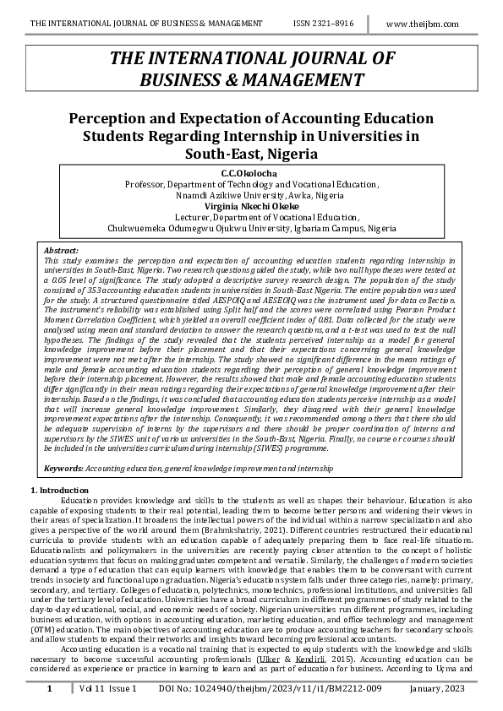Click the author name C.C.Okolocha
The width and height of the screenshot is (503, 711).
click(252, 174)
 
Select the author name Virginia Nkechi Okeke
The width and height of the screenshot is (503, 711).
click(251, 206)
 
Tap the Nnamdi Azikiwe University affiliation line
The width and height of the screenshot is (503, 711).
click(251, 195)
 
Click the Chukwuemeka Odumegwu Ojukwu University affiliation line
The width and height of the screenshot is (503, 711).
click(251, 228)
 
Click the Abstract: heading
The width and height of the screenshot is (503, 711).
click(60, 251)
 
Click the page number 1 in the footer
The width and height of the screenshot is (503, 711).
click(49, 690)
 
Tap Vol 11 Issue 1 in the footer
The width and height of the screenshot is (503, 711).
click(107, 690)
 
